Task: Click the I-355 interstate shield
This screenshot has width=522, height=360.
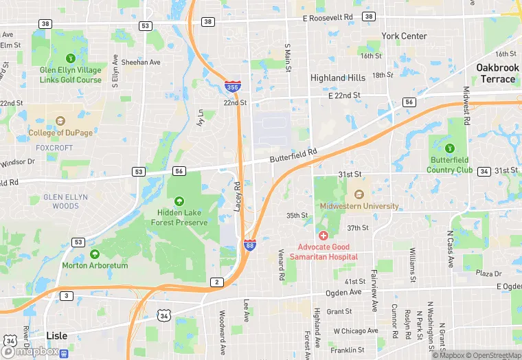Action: tap(232, 87)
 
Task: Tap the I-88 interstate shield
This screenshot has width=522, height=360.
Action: tap(250, 245)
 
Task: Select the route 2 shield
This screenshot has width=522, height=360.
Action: tap(217, 282)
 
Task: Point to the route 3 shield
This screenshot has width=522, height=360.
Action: tap(66, 295)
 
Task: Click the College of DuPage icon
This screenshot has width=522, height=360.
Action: tap(60, 122)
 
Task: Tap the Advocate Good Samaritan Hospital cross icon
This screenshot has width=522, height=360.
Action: tap(323, 236)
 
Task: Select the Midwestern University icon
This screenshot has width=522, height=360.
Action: tap(358, 194)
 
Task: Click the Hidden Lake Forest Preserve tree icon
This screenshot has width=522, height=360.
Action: tap(179, 201)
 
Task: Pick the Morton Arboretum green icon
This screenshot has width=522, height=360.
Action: tap(95, 254)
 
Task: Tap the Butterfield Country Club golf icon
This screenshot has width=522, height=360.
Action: tap(450, 148)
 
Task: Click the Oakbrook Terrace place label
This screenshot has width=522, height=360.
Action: tap(495, 73)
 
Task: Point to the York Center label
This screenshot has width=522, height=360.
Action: tap(404, 36)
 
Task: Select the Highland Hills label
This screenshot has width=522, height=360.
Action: tap(338, 78)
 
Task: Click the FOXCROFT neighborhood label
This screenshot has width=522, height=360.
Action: tap(54, 147)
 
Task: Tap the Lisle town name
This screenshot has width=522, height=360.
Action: tap(56, 335)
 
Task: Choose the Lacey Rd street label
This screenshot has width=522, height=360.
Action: tap(237, 196)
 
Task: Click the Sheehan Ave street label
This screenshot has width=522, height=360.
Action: tap(141, 62)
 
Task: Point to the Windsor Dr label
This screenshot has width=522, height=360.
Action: tap(17, 162)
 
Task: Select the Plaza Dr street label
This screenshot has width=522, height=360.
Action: tap(489, 273)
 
